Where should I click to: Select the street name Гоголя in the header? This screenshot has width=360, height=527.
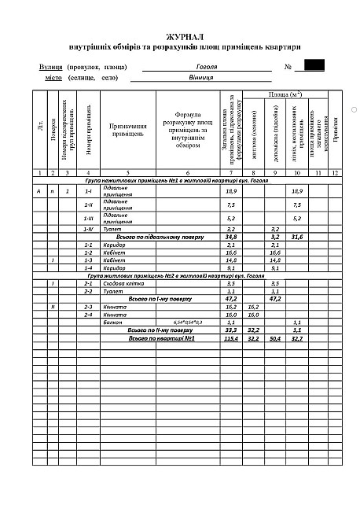(x=207, y=67)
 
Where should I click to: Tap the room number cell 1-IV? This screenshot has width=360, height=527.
(x=89, y=228)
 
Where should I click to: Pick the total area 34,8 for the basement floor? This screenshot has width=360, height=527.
(x=231, y=236)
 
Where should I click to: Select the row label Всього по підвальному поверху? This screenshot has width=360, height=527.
(x=160, y=236)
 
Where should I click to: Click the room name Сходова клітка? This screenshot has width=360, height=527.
(x=120, y=283)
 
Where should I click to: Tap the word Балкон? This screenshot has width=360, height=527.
(x=113, y=322)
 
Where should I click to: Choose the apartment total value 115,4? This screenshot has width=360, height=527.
(x=231, y=338)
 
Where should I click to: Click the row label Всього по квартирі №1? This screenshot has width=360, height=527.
(x=161, y=338)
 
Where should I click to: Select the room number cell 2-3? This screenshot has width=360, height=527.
(x=89, y=307)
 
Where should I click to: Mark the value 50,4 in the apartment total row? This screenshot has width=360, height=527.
(x=275, y=338)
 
